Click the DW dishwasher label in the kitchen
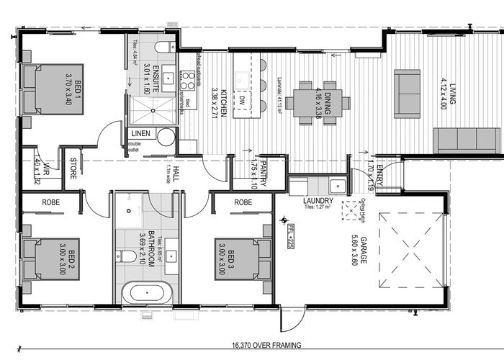click(243, 81)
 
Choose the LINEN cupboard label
click(141, 135)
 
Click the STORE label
click(73, 171)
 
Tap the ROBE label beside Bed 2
click(50, 204)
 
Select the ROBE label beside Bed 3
click(243, 204)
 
